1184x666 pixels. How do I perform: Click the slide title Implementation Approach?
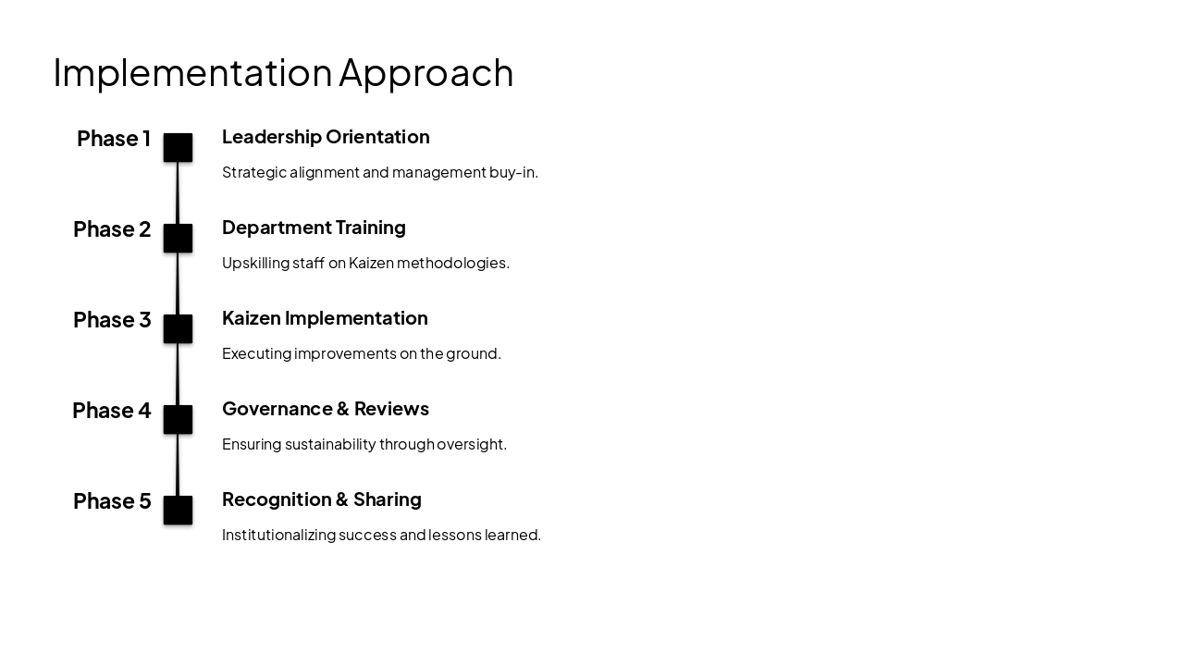(x=283, y=72)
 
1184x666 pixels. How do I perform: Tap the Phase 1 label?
(x=114, y=139)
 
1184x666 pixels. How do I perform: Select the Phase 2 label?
(x=112, y=229)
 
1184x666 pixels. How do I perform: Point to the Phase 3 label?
(x=112, y=320)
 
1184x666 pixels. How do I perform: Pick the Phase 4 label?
(x=112, y=411)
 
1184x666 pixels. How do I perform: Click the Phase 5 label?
(x=112, y=501)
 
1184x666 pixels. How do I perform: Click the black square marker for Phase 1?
(x=179, y=148)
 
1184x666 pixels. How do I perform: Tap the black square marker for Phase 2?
(x=179, y=239)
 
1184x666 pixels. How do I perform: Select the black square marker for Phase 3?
(x=179, y=329)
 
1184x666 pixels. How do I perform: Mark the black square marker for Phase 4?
(x=179, y=420)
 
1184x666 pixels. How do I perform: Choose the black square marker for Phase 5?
(x=179, y=511)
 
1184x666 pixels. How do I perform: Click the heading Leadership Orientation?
(x=326, y=137)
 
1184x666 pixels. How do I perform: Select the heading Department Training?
(x=314, y=228)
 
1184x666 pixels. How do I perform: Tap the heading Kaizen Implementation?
(x=325, y=318)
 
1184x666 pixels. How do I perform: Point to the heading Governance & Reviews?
(x=326, y=409)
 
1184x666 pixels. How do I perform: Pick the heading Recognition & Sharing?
(x=322, y=499)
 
